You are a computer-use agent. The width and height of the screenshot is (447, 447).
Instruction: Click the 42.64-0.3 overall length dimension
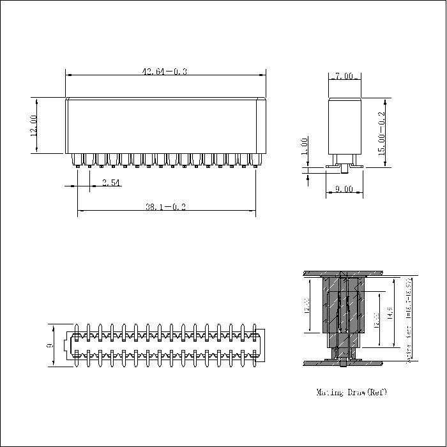tap(164, 72)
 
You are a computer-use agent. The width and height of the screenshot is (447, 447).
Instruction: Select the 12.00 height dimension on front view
tap(33, 125)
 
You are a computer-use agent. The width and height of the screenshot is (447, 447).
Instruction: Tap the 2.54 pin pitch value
tap(110, 183)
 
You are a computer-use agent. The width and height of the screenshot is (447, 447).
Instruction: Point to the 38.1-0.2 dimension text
tap(165, 207)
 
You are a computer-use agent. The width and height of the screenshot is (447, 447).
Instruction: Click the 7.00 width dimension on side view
tap(344, 76)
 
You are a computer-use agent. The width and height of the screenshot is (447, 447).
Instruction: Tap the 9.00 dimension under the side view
tap(344, 189)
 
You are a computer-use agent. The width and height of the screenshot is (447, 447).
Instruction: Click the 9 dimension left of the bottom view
tap(50, 346)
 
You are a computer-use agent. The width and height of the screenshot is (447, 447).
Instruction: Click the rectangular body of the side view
tap(345, 128)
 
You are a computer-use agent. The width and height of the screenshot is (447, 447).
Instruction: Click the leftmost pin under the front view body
tap(77, 161)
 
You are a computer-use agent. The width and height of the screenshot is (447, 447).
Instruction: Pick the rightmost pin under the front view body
tap(255, 161)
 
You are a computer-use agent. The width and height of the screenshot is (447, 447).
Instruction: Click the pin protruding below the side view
tap(345, 170)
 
